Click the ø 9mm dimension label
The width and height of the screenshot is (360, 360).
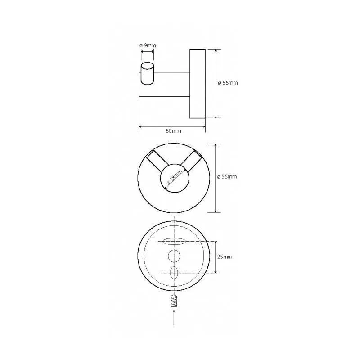(148, 45)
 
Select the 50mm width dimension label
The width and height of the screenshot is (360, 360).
(173, 131)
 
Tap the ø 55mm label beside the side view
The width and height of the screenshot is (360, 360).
(228, 83)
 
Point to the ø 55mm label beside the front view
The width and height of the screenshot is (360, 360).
(227, 176)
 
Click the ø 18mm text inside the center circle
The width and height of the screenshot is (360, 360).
(175, 178)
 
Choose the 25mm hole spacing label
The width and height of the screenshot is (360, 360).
(225, 256)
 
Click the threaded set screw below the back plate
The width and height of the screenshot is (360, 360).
(174, 301)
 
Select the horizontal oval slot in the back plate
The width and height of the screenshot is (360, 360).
(174, 241)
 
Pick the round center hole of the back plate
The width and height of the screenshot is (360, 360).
(174, 256)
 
